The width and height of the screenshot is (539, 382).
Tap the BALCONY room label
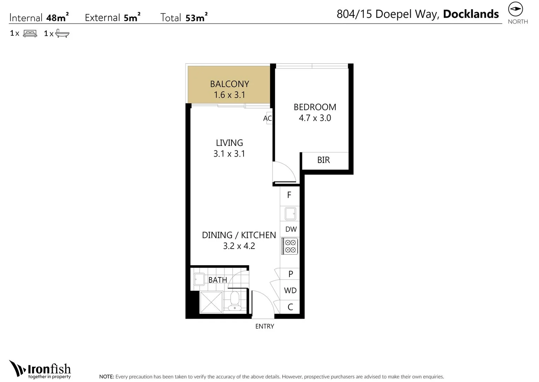pyautogui.click(x=229, y=84)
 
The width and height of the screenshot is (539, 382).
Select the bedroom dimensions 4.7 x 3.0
pyautogui.click(x=315, y=118)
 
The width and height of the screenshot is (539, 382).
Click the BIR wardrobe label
pyautogui.click(x=323, y=160)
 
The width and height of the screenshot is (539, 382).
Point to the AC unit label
pyautogui.click(x=267, y=118)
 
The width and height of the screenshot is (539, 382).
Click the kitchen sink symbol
pyautogui.click(x=290, y=214)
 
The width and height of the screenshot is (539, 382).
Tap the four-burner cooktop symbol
pyautogui.click(x=290, y=246)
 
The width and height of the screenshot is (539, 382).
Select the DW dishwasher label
pyautogui.click(x=291, y=229)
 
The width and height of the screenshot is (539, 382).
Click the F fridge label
pyautogui.click(x=289, y=195)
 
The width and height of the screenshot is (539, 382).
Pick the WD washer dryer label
pyautogui.click(x=290, y=290)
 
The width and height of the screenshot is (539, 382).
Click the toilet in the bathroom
pyautogui.click(x=235, y=301)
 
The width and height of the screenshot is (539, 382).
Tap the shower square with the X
pyautogui.click(x=211, y=302)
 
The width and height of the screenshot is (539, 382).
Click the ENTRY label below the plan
pyautogui.click(x=264, y=326)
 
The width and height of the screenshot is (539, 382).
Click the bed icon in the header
pyautogui.click(x=30, y=34)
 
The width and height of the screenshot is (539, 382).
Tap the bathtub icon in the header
pyautogui.click(x=62, y=34)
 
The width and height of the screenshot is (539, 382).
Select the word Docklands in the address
pyautogui.click(x=471, y=14)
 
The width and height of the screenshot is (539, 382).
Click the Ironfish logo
pyautogui.click(x=40, y=370)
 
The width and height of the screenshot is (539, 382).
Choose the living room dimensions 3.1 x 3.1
pyautogui.click(x=229, y=154)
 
